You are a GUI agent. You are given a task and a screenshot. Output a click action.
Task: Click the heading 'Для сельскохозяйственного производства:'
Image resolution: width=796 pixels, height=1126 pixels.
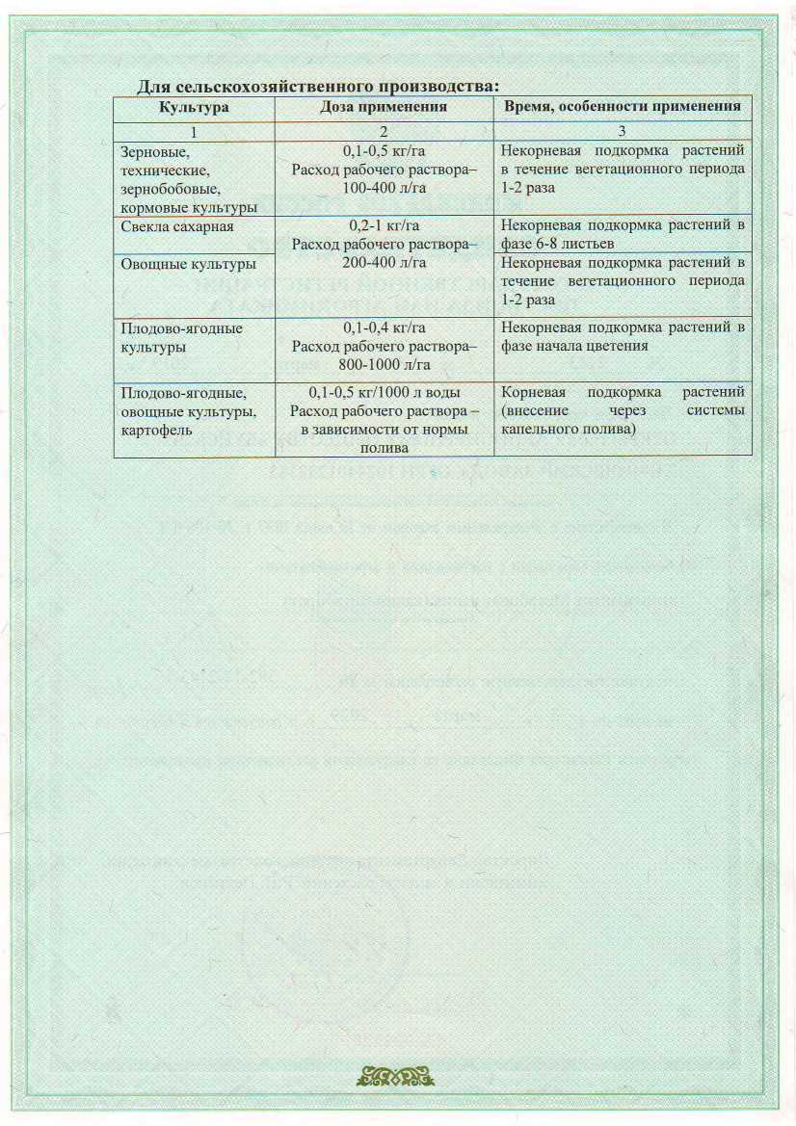click(x=318, y=87)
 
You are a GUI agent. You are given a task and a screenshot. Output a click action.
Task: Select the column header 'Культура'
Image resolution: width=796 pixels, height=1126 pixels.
click(x=194, y=107)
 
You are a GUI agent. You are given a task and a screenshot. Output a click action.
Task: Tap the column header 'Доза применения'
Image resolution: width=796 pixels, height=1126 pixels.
click(x=384, y=107)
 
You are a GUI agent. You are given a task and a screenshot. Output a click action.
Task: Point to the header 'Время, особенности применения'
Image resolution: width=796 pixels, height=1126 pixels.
click(x=623, y=107)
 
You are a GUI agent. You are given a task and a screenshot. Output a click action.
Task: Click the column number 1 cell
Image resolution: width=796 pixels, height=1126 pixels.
click(x=194, y=131)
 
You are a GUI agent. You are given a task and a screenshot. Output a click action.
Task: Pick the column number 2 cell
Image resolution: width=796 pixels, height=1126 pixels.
click(x=384, y=131)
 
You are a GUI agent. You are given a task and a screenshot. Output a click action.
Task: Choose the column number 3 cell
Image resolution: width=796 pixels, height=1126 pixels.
click(x=623, y=131)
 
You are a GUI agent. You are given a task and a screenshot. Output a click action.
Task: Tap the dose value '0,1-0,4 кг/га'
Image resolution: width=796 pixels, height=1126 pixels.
click(x=384, y=328)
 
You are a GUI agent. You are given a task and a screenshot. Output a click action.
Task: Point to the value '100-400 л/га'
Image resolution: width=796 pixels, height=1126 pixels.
click(x=384, y=188)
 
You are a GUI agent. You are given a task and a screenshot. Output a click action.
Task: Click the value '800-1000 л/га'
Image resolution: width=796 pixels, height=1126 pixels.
click(x=384, y=364)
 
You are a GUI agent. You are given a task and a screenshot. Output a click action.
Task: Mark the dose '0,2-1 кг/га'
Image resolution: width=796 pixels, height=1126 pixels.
click(x=384, y=226)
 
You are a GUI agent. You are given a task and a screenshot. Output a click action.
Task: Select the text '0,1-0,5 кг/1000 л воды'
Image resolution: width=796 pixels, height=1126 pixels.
click(x=384, y=393)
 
